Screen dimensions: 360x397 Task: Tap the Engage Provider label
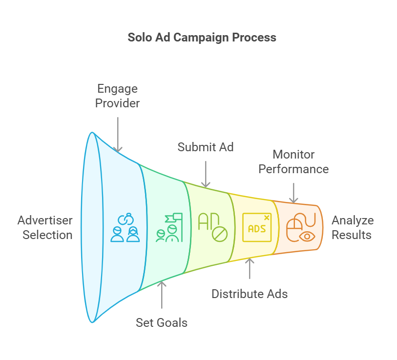click(117, 96)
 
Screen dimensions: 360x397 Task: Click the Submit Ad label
click(206, 147)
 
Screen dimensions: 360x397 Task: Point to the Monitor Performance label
click(293, 161)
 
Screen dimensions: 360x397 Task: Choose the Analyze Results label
click(352, 227)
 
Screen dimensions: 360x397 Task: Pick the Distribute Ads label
click(250, 294)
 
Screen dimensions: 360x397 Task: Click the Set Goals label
click(162, 322)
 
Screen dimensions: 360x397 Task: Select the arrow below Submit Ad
click(206, 173)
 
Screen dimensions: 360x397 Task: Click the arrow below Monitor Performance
click(293, 192)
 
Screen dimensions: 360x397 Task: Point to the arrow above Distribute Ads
click(250, 268)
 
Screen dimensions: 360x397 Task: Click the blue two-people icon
click(125, 228)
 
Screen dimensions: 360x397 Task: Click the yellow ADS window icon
click(257, 227)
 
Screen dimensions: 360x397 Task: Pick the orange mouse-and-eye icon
click(300, 228)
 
